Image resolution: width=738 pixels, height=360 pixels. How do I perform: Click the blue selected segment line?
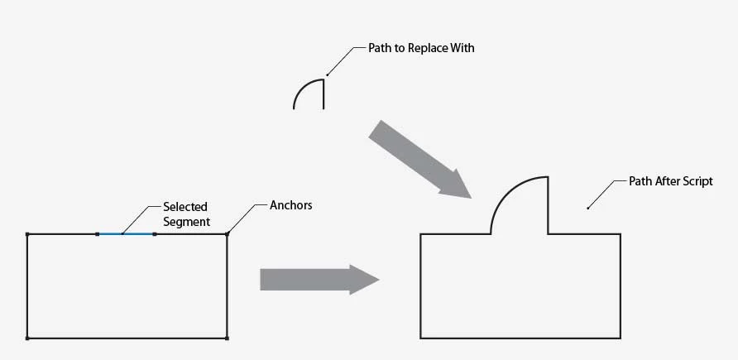126,234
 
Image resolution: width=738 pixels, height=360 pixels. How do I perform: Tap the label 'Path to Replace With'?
421,49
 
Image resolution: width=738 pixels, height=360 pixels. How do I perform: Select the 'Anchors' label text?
291,204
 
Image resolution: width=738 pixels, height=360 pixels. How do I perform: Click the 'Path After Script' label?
670,181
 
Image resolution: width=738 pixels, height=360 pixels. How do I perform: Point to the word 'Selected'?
184,206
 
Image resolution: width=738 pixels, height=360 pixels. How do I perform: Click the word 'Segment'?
186,222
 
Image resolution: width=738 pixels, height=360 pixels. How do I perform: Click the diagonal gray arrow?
419,158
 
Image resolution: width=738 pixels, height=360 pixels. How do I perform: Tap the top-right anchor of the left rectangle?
227,234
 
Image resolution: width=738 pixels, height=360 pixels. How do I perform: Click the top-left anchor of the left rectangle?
27,234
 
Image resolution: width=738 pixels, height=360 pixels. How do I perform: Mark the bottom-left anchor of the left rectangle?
27,338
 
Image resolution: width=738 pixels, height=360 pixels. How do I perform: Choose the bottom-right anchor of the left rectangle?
227,338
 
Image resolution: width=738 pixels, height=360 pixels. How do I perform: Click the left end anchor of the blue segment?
97,234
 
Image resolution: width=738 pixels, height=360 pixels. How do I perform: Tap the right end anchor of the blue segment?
155,234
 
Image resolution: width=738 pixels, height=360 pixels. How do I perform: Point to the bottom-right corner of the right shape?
621,338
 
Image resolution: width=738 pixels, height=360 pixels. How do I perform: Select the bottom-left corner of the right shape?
420,338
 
